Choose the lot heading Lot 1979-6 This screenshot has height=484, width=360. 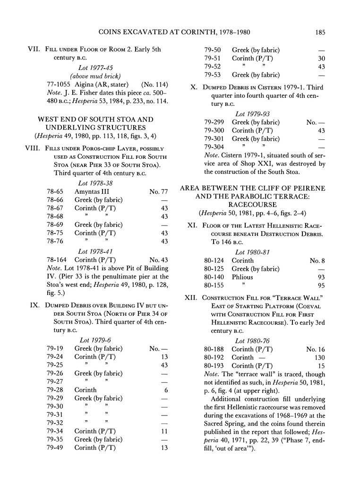(x=94, y=339)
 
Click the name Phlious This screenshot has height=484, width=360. (x=242, y=277)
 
